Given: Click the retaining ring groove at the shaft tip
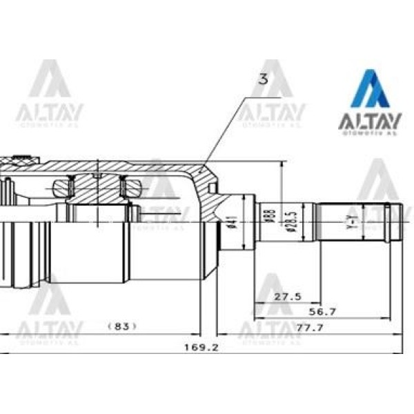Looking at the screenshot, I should (x=390, y=223).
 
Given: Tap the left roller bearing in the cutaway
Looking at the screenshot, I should (x=63, y=186).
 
